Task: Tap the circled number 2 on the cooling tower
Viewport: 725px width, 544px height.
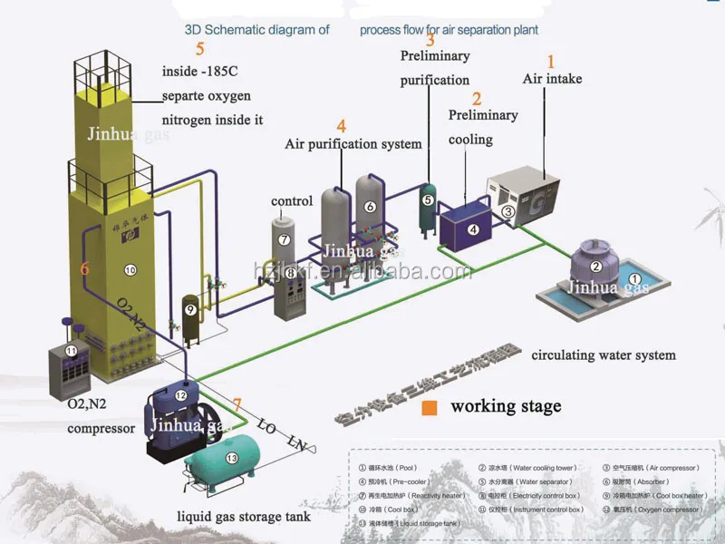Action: (595, 266)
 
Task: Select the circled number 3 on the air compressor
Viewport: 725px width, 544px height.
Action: (508, 211)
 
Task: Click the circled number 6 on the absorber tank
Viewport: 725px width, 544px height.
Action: (370, 207)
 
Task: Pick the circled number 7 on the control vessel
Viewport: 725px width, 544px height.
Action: (284, 240)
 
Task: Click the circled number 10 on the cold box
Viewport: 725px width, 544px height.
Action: (130, 269)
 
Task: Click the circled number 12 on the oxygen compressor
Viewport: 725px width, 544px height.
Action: (180, 395)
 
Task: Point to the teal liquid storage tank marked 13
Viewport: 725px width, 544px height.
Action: (222, 461)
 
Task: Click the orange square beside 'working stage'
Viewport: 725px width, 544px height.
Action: (430, 408)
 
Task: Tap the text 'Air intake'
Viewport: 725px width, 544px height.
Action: (552, 79)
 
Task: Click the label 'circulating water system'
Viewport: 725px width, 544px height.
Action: (603, 355)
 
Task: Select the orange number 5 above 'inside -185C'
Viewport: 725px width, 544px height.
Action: (199, 49)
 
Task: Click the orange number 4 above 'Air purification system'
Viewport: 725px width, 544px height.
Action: (341, 126)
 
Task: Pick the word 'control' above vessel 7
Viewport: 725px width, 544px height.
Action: (292, 200)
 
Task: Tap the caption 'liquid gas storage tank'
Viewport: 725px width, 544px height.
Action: (243, 517)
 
